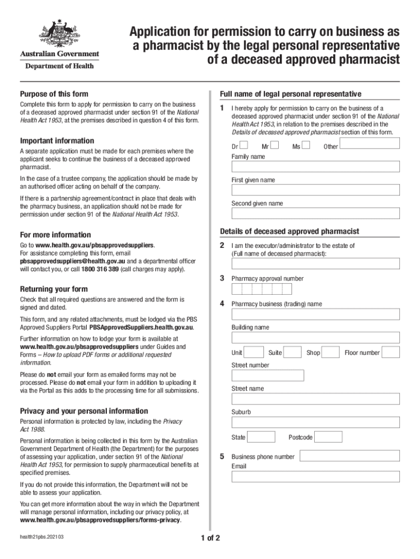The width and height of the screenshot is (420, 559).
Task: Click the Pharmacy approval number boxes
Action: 261,289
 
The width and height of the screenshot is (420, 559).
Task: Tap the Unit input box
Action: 255,352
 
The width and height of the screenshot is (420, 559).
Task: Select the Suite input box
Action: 292,352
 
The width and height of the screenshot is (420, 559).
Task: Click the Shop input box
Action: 331,352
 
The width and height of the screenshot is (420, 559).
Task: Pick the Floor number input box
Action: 391,352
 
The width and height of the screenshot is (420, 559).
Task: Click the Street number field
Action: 268,376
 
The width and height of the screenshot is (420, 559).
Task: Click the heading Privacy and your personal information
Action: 84,411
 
